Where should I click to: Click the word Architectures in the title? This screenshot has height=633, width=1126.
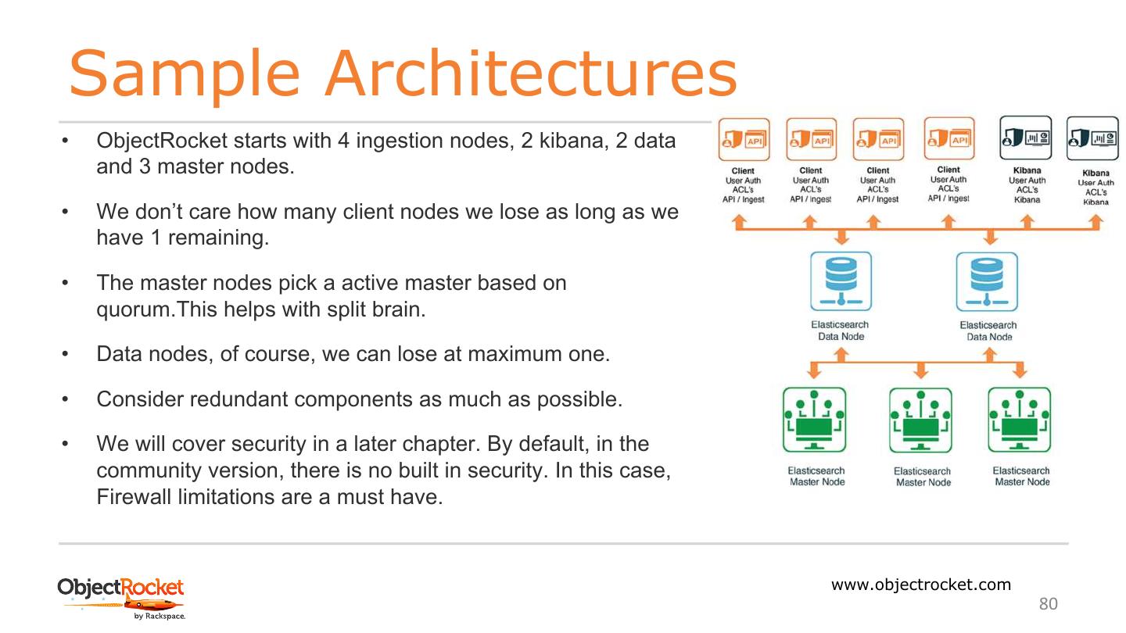(x=531, y=73)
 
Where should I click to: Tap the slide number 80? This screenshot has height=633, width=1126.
(x=1048, y=604)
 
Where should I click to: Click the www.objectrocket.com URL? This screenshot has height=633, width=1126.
(x=920, y=585)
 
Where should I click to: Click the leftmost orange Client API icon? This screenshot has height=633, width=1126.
(x=744, y=139)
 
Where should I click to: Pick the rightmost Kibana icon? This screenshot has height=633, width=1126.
(x=1093, y=139)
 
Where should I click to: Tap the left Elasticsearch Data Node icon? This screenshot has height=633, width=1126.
(x=841, y=281)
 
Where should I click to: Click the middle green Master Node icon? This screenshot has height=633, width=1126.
(x=921, y=420)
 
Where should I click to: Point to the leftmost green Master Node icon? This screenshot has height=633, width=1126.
(x=814, y=420)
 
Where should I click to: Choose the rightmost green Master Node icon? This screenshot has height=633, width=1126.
(x=1019, y=420)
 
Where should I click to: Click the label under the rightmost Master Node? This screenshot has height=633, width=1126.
(x=1021, y=477)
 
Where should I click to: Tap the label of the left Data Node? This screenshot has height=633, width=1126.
(x=841, y=331)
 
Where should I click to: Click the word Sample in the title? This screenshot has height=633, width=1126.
(x=185, y=73)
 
